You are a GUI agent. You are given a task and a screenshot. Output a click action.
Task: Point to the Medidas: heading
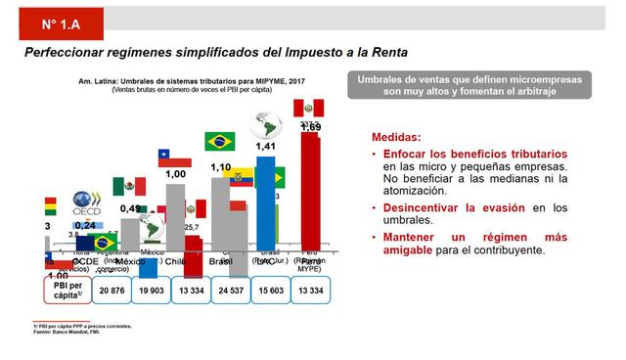click(x=396, y=138)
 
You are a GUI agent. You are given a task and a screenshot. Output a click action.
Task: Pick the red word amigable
click(x=413, y=250)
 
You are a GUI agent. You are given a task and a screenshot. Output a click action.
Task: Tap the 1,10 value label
click(x=221, y=168)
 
